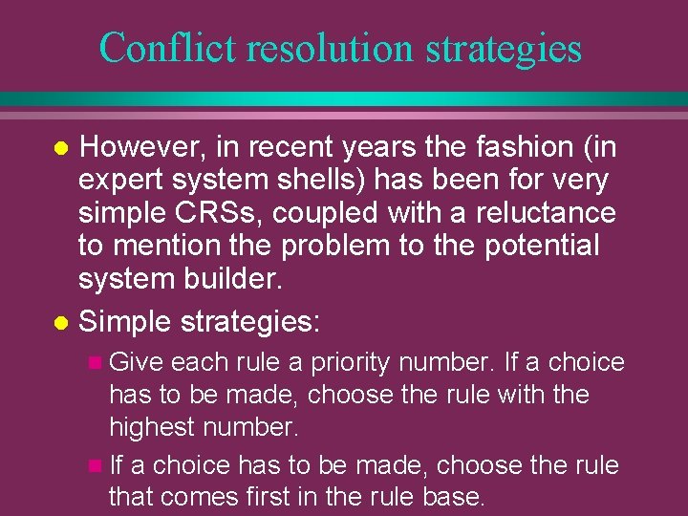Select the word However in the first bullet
tap(140, 147)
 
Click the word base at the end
tap(456, 497)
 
